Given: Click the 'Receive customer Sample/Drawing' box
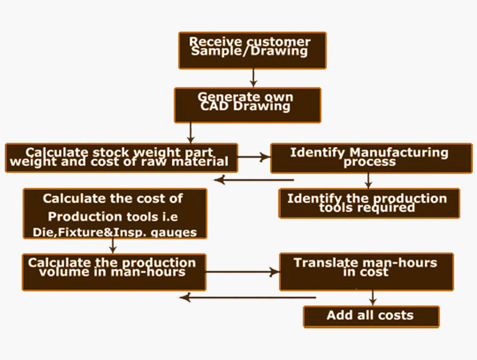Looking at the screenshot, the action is point(252,51).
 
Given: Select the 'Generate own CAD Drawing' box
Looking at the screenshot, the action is point(247,105).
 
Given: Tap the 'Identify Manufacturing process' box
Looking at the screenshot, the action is point(371,158).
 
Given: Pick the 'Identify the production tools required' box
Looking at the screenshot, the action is point(369,203).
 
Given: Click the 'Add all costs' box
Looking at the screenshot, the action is point(371,316).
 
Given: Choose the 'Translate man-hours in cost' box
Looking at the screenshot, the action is point(367,272).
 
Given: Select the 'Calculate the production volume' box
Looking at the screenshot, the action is point(114,272).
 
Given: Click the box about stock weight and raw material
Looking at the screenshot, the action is point(122,158).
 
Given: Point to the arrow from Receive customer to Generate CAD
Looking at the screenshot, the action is point(253,78).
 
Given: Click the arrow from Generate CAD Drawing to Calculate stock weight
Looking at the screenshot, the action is point(190,133).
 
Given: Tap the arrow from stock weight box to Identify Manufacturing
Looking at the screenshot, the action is point(254,157).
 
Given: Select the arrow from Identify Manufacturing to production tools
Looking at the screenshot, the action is point(368,181).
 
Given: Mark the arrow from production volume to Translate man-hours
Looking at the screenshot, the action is point(243,272).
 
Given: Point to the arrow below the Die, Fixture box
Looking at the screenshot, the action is point(113,246).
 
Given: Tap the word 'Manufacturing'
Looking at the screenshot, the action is point(399,153).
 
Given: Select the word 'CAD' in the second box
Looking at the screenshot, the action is point(214,106).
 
